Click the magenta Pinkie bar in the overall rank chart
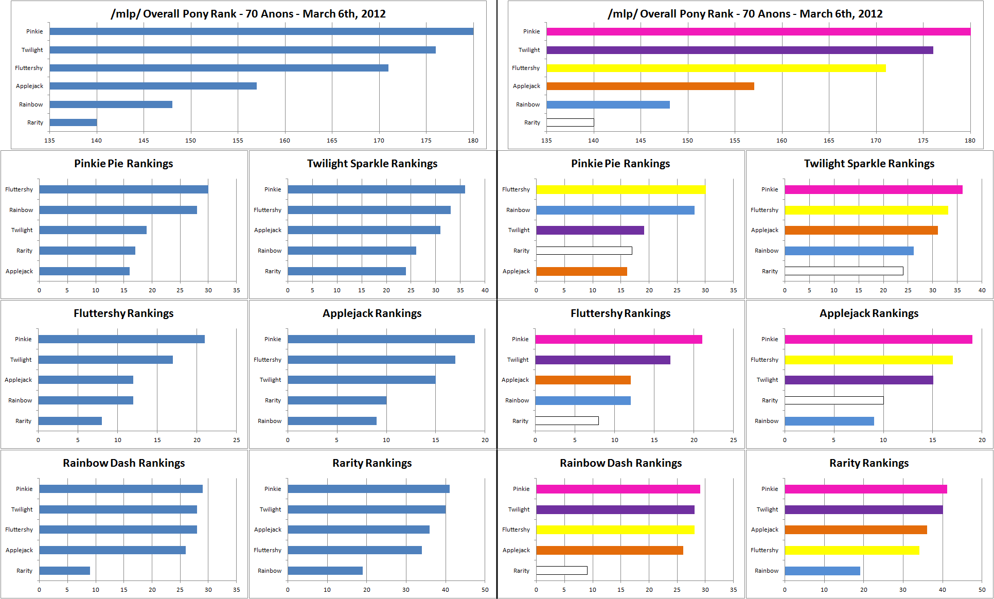click(x=758, y=31)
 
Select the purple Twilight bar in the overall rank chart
click(x=739, y=50)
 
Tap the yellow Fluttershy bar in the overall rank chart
click(x=716, y=68)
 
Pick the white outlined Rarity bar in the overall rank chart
click(x=570, y=122)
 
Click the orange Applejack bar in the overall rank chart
click(x=650, y=86)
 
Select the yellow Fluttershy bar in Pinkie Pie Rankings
click(x=620, y=189)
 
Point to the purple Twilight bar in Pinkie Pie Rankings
click(x=590, y=230)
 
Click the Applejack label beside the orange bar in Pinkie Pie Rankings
click(x=516, y=271)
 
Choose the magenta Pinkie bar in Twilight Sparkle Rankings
click(x=873, y=189)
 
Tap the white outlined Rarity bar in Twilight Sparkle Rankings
click(x=844, y=271)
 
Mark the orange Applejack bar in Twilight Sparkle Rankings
click(x=861, y=230)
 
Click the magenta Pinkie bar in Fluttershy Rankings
click(x=618, y=339)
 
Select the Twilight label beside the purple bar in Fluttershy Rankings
click(x=518, y=360)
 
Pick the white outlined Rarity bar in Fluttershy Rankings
click(x=566, y=421)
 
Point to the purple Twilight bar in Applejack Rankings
click(x=859, y=380)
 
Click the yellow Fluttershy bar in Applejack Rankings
click(x=868, y=360)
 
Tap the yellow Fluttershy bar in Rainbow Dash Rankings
click(x=615, y=530)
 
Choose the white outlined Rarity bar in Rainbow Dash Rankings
click(x=561, y=570)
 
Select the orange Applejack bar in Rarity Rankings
click(x=856, y=530)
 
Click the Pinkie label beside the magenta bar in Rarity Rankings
click(x=770, y=489)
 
